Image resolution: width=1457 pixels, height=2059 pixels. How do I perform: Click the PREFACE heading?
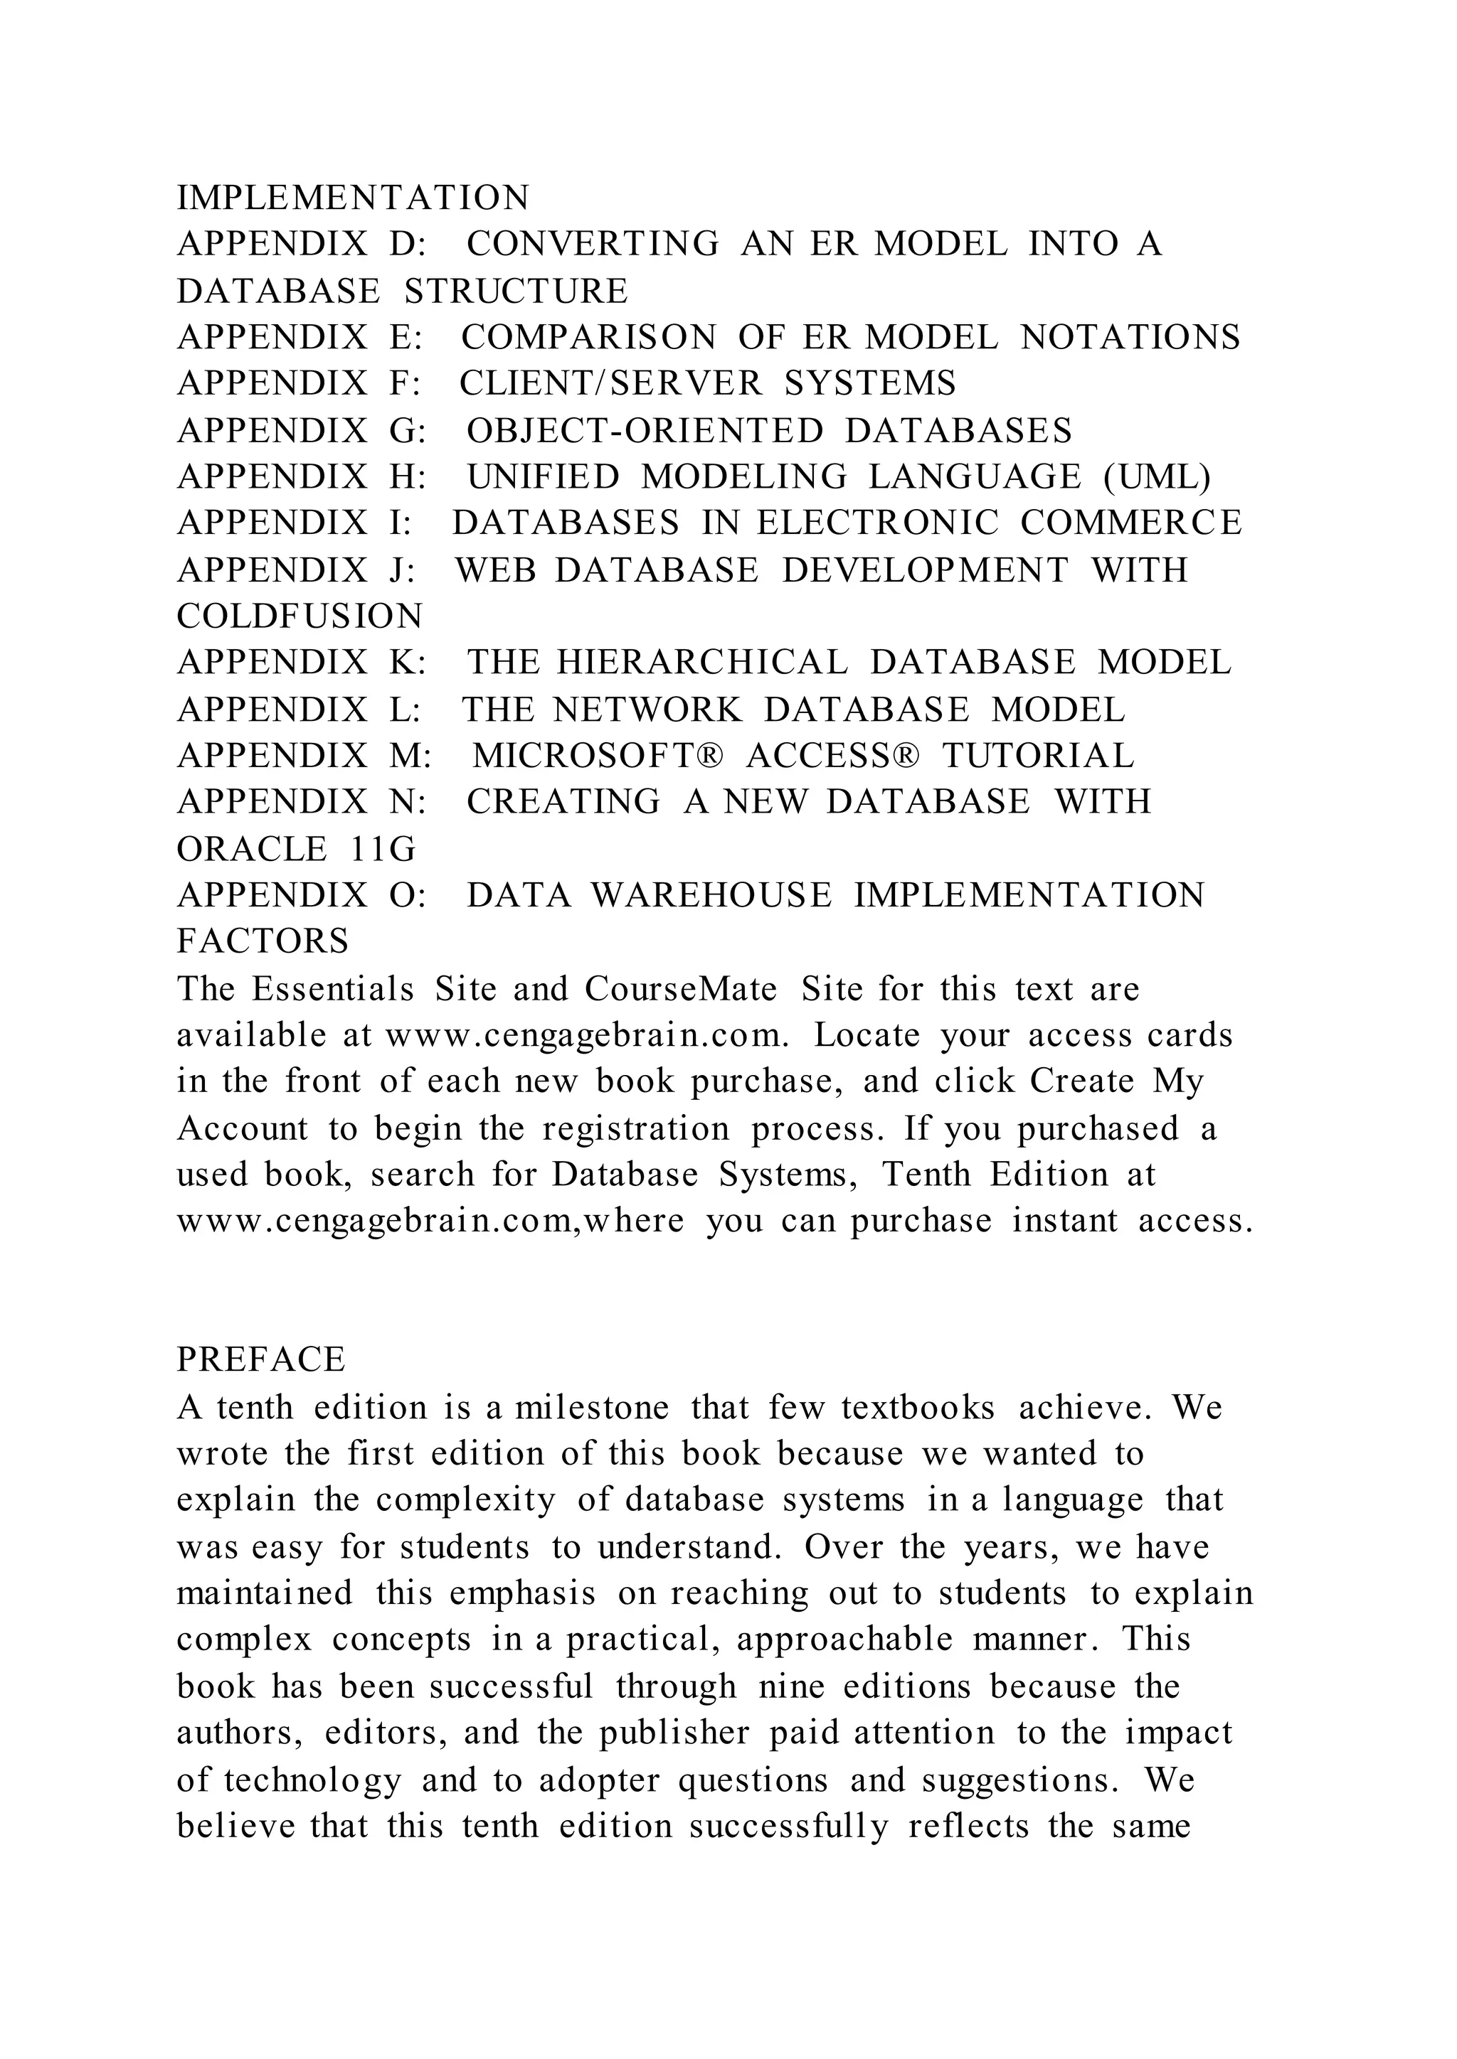click(x=261, y=1360)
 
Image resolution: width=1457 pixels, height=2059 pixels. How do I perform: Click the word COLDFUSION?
click(x=300, y=616)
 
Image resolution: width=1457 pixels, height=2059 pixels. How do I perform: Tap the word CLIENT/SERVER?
click(x=611, y=384)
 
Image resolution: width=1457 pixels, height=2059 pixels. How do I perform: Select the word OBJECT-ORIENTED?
click(x=644, y=430)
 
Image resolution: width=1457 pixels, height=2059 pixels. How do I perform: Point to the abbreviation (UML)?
click(x=1157, y=476)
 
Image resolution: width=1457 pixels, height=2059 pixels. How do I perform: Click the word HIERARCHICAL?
click(x=701, y=663)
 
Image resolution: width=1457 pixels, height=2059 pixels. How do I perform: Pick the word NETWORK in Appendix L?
click(x=647, y=710)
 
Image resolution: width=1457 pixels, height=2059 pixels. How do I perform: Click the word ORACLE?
click(x=252, y=848)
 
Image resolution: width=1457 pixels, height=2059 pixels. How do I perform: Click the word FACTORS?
click(x=263, y=941)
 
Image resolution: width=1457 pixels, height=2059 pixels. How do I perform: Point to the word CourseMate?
click(x=681, y=988)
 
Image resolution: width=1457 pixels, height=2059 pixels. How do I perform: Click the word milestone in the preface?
click(x=591, y=1407)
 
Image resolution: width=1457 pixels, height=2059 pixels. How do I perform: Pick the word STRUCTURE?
click(x=516, y=292)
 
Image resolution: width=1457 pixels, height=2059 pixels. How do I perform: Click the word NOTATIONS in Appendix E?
click(x=1130, y=337)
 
